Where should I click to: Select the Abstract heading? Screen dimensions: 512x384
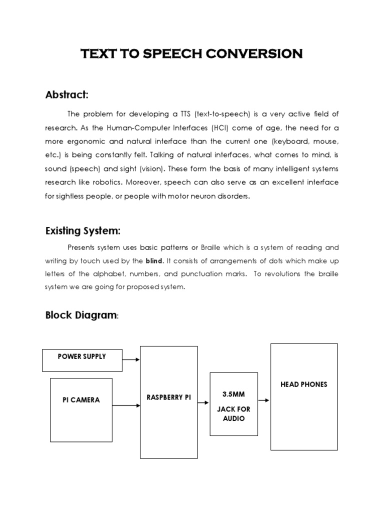[67, 94]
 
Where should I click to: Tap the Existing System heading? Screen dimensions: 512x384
[83, 230]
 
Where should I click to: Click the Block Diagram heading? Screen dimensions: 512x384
[81, 315]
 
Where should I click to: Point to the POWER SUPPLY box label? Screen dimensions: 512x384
[82, 356]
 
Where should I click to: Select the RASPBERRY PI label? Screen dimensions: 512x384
[169, 397]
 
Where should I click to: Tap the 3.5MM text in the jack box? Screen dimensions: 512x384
[233, 394]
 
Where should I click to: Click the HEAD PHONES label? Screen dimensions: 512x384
[304, 384]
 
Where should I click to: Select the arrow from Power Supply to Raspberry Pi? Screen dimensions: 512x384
[131, 359]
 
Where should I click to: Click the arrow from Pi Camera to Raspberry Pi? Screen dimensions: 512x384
[131, 405]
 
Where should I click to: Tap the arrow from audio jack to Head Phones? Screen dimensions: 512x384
[264, 400]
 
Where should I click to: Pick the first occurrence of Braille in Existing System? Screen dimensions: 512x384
[212, 247]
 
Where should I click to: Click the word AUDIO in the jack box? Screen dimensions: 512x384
[233, 418]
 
